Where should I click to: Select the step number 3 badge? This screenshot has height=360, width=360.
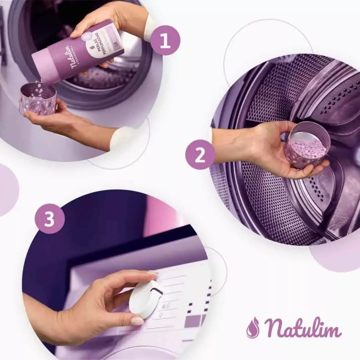(x=49, y=219)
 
